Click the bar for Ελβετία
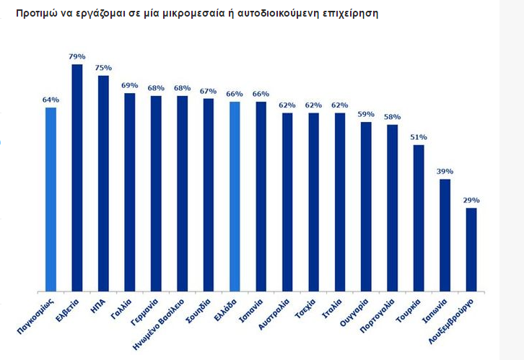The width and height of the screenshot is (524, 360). (77, 177)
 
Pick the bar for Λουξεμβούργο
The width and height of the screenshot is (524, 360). (471, 250)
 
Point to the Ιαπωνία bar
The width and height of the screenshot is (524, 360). (445, 235)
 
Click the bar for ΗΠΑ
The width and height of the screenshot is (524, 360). (103, 183)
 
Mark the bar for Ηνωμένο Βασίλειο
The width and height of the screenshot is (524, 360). (182, 193)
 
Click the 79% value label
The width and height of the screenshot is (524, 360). (77, 56)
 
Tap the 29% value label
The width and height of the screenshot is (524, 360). (471, 200)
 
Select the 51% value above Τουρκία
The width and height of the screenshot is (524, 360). (419, 137)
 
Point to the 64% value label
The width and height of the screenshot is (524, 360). (51, 100)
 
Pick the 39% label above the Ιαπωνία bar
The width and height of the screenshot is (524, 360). (445, 171)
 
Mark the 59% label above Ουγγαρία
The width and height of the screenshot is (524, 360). (366, 114)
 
